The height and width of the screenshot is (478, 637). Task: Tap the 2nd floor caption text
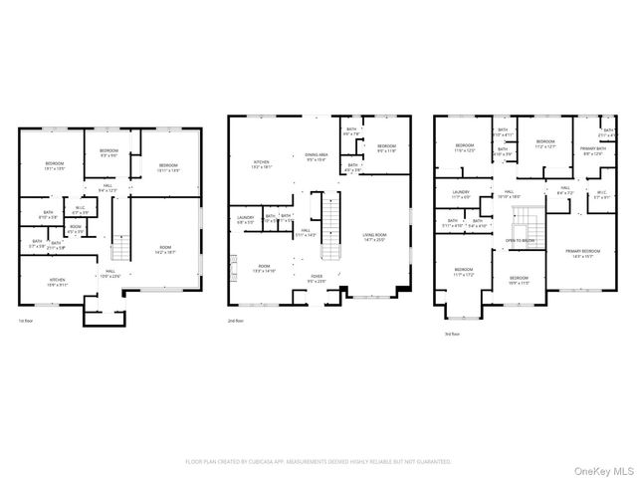(236, 322)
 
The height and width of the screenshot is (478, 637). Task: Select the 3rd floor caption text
(452, 335)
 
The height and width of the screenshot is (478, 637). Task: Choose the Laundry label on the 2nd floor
(245, 218)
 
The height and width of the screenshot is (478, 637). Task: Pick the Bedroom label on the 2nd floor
(386, 148)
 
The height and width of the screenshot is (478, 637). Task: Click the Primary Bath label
(592, 150)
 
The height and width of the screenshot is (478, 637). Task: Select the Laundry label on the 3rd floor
(460, 194)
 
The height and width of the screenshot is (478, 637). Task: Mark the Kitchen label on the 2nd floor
(261, 164)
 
